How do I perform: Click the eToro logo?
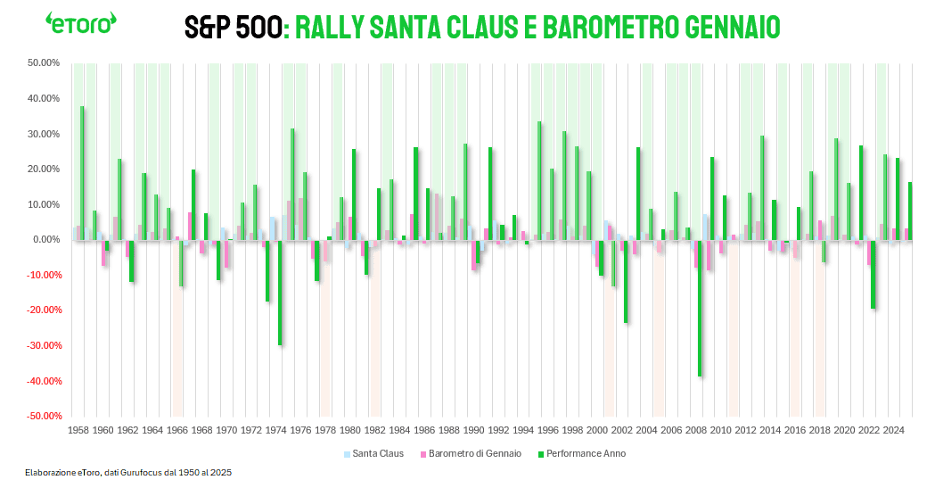tap(81, 23)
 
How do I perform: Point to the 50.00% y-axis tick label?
tap(42, 63)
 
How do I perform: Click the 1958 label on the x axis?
tap(78, 430)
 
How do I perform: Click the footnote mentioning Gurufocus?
tap(128, 472)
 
